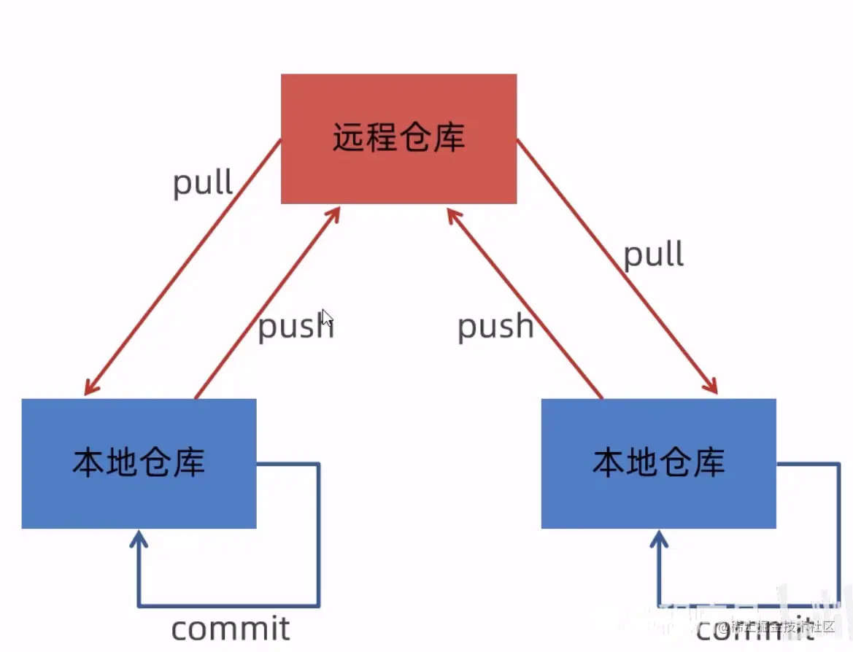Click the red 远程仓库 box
pos(398,139)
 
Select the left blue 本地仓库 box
pos(139,463)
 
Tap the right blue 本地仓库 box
pos(658,463)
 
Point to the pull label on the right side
pos(653,255)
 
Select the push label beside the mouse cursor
pos(296,327)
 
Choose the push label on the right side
pos(495,326)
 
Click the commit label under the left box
pos(231,628)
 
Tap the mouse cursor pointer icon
pos(327,318)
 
